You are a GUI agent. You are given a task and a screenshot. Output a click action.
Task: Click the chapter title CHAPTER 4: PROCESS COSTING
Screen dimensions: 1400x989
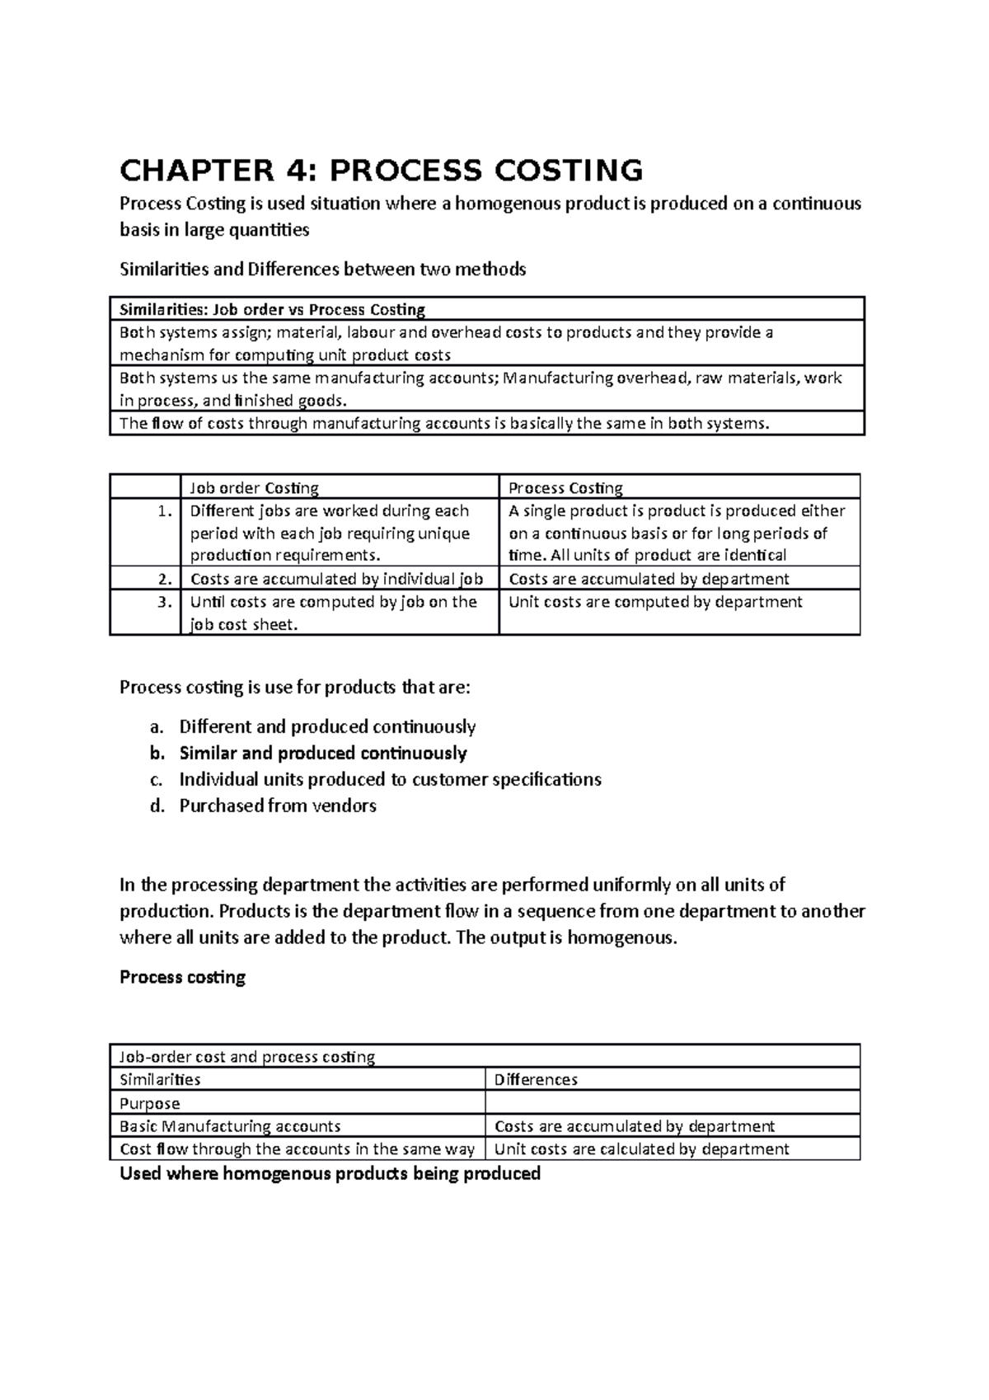click(381, 171)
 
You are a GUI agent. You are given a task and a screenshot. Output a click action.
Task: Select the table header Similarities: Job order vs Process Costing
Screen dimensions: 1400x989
click(272, 310)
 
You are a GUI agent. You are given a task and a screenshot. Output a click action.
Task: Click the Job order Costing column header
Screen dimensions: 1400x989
click(254, 488)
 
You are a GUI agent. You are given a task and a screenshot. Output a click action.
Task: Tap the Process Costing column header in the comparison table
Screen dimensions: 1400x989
click(565, 488)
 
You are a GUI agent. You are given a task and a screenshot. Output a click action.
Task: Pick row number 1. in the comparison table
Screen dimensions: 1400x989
click(165, 511)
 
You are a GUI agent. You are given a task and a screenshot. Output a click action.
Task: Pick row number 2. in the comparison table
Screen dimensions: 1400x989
click(165, 579)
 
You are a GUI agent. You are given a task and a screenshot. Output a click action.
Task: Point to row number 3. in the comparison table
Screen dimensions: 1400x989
click(165, 602)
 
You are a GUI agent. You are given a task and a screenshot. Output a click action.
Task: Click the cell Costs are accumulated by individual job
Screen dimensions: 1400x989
click(336, 579)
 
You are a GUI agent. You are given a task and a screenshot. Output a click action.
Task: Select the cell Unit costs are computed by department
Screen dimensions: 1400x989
click(655, 602)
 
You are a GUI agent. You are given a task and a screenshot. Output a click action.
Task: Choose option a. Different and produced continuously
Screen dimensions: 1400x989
click(326, 727)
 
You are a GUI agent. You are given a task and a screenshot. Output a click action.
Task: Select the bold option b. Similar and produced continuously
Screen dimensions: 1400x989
click(322, 754)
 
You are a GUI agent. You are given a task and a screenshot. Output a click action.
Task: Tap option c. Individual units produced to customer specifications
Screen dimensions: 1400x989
click(390, 780)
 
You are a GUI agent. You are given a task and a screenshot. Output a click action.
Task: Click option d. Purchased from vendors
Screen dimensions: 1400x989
click(278, 806)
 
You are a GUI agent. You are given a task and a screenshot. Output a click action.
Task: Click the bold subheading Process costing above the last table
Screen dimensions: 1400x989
click(183, 978)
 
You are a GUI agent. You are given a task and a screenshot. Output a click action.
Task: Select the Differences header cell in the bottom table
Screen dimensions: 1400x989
click(536, 1080)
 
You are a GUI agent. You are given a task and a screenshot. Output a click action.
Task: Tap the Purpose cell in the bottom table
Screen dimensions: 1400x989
click(150, 1103)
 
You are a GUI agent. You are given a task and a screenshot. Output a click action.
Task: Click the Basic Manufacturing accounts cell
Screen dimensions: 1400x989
click(230, 1126)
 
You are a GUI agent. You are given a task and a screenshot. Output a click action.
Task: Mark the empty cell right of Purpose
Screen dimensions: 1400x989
click(672, 1103)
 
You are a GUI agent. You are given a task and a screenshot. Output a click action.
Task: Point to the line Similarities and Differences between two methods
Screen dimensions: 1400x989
click(322, 270)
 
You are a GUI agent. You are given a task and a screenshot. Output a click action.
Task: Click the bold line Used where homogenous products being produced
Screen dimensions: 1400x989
click(330, 1174)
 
